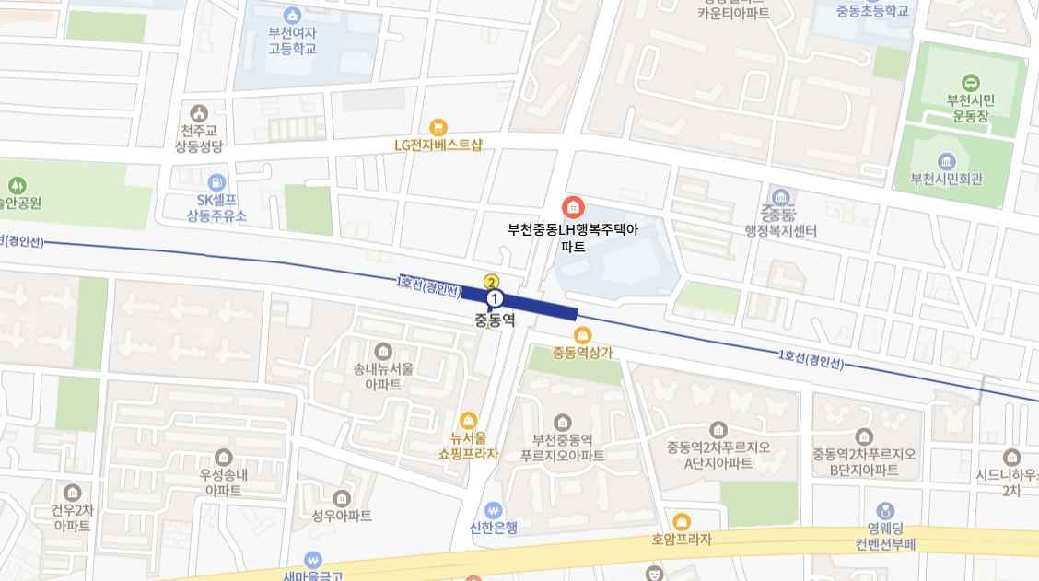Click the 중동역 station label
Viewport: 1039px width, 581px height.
(x=494, y=320)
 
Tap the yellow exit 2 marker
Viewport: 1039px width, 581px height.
(x=492, y=283)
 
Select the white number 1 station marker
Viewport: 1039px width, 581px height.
(x=495, y=298)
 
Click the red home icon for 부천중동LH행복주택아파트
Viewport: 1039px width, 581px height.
(x=573, y=206)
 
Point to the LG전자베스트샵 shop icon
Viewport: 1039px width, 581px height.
(x=438, y=127)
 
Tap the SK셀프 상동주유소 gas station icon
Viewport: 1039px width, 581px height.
(x=216, y=182)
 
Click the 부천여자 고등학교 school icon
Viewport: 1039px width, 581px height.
(x=292, y=15)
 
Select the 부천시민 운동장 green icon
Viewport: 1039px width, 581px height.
(x=970, y=82)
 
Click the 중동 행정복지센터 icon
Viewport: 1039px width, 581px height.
(x=781, y=198)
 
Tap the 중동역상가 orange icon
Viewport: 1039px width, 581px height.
(x=582, y=334)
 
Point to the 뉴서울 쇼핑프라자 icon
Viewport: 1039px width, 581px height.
(x=468, y=420)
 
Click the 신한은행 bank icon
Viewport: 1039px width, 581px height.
(x=494, y=509)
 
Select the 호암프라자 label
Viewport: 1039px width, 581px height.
(x=682, y=540)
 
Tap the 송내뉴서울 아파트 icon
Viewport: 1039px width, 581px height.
(x=383, y=351)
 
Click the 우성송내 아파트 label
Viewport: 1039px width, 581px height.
(x=224, y=482)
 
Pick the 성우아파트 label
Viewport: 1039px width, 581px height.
(x=342, y=516)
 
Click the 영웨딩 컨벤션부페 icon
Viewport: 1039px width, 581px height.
(x=885, y=510)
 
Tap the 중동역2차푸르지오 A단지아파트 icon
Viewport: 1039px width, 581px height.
(x=718, y=429)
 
